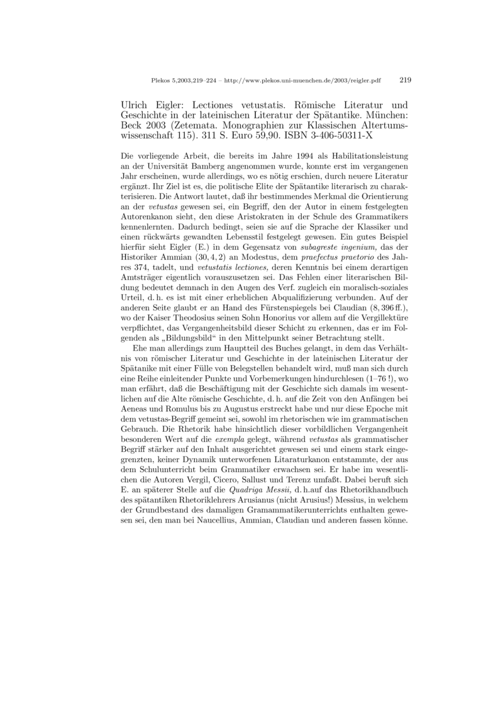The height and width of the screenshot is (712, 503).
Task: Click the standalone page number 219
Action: [405, 80]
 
